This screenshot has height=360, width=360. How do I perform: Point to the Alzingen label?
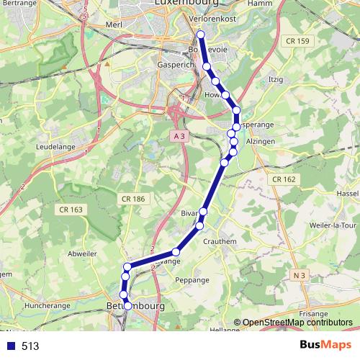click(261, 143)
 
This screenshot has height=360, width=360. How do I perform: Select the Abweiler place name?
click(81, 253)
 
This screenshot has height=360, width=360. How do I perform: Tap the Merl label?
click(113, 24)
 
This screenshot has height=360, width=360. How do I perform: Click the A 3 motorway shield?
click(180, 135)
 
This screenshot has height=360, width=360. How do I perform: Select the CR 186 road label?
click(133, 198)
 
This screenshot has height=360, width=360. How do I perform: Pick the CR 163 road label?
click(69, 209)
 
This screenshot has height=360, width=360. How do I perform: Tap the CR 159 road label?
click(297, 41)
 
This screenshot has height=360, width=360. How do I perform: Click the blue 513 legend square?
click(11, 346)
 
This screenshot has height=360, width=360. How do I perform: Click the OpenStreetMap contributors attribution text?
click(297, 323)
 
